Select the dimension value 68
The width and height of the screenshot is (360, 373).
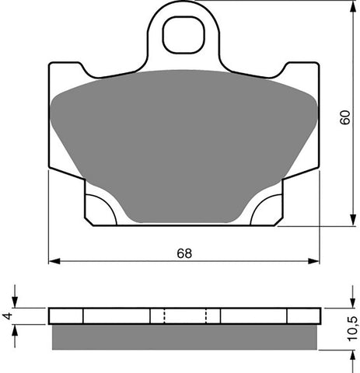(183, 253)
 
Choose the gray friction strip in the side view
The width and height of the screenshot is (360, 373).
(184, 337)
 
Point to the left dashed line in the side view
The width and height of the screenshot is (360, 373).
(164, 315)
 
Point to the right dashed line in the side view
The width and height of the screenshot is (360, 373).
(205, 315)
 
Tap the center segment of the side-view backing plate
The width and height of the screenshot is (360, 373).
(184, 315)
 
